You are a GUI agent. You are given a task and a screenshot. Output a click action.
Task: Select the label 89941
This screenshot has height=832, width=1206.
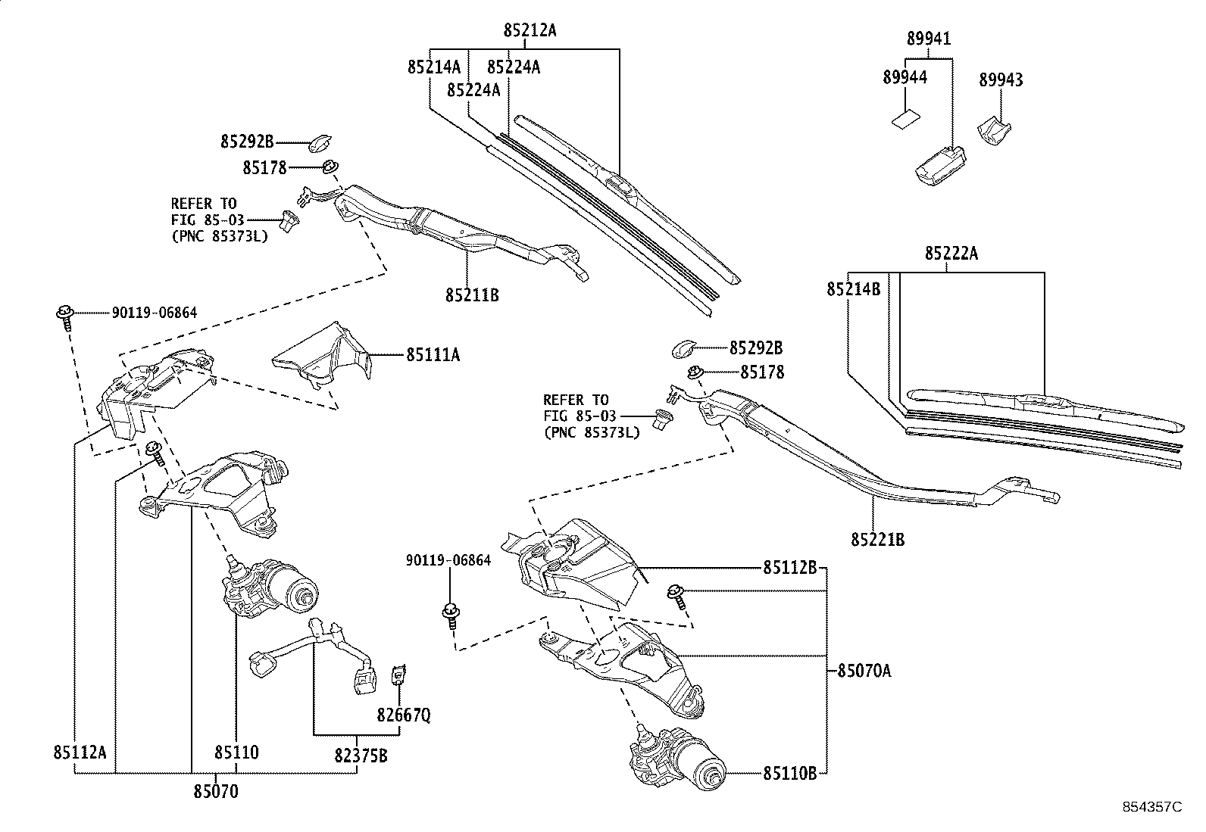click(929, 39)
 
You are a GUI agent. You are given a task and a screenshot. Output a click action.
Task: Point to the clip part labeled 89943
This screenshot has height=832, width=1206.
click(993, 129)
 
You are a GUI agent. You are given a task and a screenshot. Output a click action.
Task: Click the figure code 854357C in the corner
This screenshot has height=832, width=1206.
click(1152, 806)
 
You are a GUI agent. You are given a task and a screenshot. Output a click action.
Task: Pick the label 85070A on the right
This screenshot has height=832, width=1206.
click(864, 671)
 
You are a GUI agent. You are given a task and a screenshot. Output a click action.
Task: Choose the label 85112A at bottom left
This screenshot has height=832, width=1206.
click(80, 753)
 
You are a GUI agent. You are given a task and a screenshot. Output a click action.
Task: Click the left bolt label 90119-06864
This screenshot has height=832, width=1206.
click(155, 312)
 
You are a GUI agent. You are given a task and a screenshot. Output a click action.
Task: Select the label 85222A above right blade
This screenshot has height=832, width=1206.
click(951, 254)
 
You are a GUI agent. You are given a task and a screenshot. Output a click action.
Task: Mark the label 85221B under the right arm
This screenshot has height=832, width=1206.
click(877, 540)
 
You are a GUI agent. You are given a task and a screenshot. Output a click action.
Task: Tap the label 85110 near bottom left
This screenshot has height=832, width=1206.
click(236, 753)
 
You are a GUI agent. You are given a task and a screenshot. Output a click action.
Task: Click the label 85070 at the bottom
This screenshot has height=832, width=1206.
click(215, 792)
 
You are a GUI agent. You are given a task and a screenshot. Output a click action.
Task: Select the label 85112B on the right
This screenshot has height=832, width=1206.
click(789, 568)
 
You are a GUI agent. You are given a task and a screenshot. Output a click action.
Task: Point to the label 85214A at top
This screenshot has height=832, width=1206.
click(434, 67)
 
